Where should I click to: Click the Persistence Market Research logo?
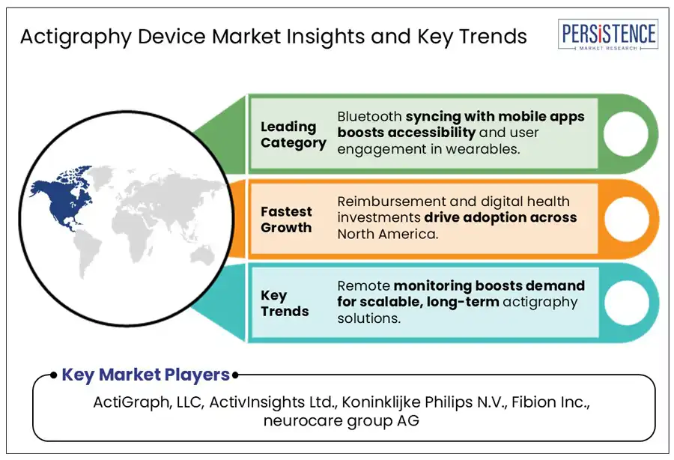(x=608, y=34)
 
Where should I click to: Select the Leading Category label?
(x=293, y=135)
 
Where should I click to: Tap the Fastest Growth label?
(x=286, y=220)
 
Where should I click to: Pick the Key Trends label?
(x=285, y=303)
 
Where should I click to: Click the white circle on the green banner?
(x=626, y=133)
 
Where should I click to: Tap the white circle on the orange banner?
(x=627, y=219)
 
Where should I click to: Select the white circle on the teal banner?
(x=627, y=303)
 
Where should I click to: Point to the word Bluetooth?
(x=369, y=117)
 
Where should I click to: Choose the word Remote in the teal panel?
(x=364, y=286)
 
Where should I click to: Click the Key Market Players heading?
(x=146, y=375)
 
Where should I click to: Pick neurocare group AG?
(x=341, y=420)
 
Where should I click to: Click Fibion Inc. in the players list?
(x=550, y=402)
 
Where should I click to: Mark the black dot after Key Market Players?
(x=235, y=375)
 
